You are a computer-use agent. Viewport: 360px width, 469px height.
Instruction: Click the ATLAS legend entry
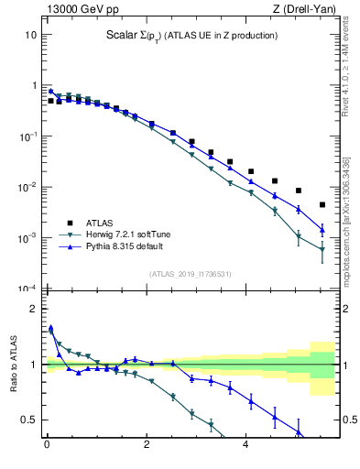[90, 222]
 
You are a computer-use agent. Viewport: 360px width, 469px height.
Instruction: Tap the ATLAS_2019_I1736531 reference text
[188, 274]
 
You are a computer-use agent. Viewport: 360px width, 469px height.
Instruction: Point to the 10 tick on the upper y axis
[30, 35]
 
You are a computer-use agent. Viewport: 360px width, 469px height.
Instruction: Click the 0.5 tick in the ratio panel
[27, 420]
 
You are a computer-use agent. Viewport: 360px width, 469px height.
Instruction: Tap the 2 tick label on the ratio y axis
[33, 309]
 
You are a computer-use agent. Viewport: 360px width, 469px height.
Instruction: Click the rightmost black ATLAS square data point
[322, 204]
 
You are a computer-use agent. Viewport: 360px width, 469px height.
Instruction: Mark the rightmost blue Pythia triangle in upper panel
[322, 229]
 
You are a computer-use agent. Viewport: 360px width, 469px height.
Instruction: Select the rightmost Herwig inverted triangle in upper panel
[322, 249]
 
